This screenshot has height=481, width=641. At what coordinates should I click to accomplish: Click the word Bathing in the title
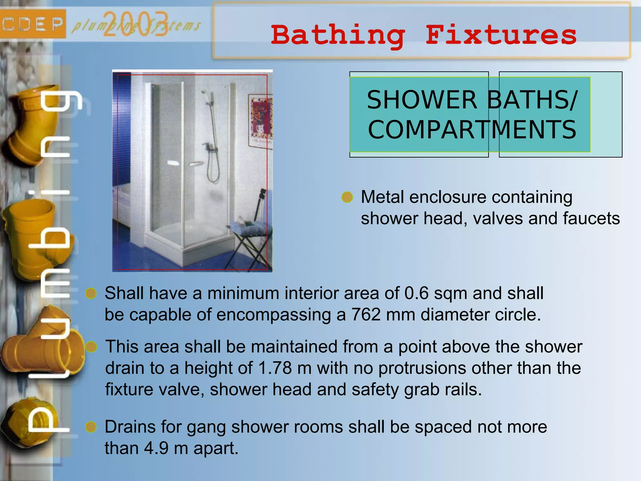pos(338,35)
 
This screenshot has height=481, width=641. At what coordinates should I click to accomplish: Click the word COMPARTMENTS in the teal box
pos(472,130)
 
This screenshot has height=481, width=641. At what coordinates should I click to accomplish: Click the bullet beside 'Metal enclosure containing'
pos(347,197)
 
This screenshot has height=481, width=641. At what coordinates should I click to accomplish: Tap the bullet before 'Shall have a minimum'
pos(91,293)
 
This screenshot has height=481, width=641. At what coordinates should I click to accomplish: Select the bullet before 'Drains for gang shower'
pos(91,427)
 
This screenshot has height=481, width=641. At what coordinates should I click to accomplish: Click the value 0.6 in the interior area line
pos(416,293)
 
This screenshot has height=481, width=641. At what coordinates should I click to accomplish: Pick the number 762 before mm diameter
pos(366,315)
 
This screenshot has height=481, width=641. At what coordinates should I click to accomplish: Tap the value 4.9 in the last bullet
pos(156,448)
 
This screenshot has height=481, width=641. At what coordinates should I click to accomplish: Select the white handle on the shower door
pos(173,163)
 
